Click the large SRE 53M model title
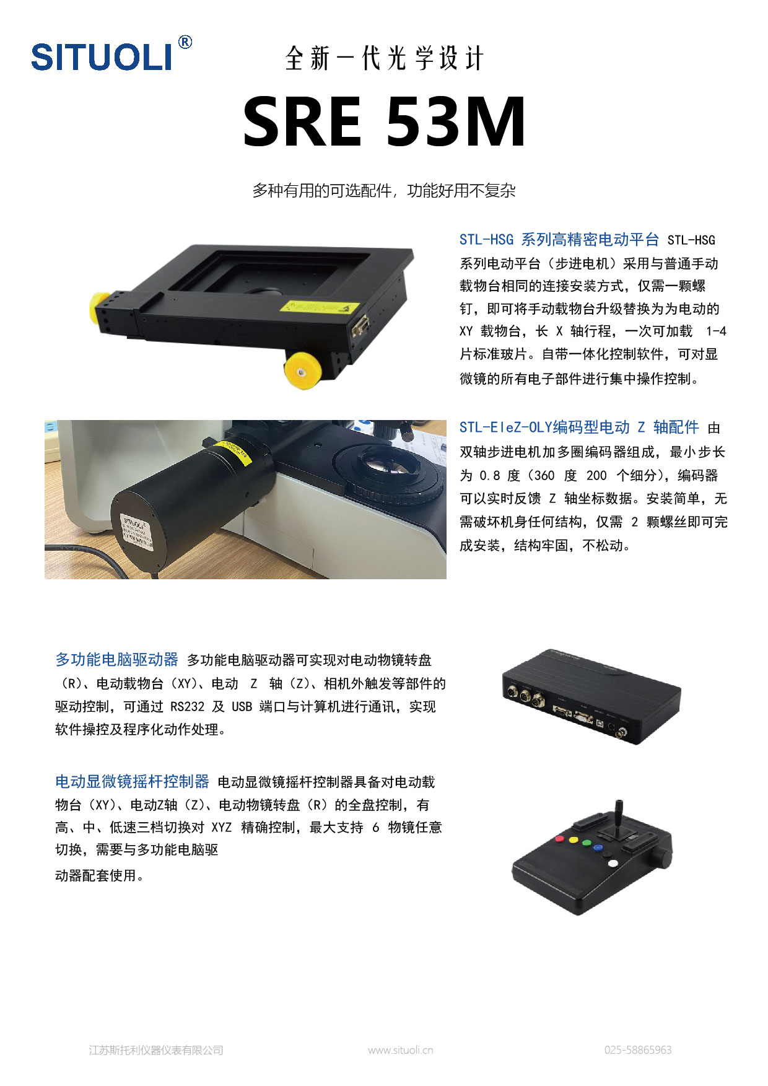pos(384,121)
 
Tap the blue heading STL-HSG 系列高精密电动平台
pos(559,240)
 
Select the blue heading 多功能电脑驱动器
pos(116,660)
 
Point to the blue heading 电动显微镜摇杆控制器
pos(132,781)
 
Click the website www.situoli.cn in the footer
pos(400,1050)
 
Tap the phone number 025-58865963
pos(638,1050)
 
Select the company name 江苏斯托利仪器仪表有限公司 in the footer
pos(156,1050)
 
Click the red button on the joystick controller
pos(559,839)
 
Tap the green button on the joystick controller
pos(586,843)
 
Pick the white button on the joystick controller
pos(613,863)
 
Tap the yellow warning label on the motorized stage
pos(320,307)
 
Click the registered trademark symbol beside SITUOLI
pos(185,42)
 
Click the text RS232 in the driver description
pos(187,707)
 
